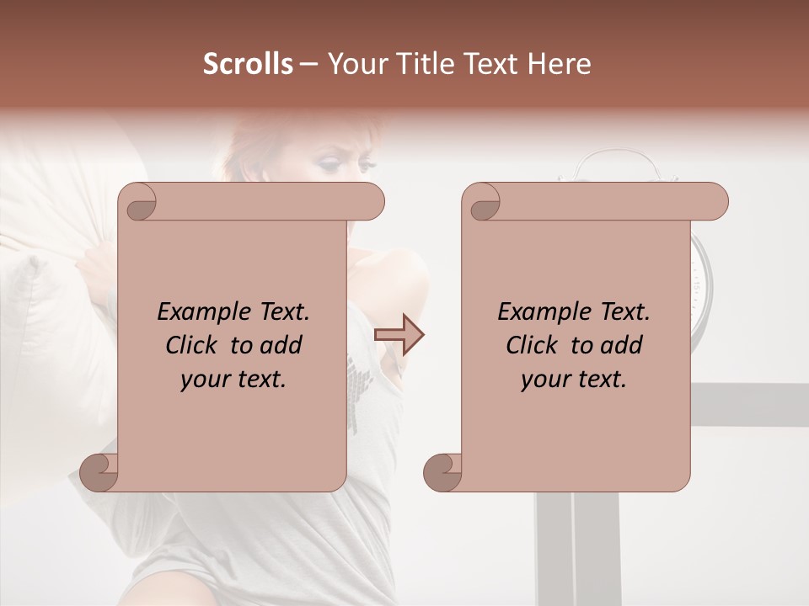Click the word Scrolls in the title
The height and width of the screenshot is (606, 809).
[x=248, y=64]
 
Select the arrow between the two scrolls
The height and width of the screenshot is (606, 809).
[x=399, y=334]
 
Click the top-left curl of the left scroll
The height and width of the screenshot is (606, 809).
[x=137, y=202]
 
